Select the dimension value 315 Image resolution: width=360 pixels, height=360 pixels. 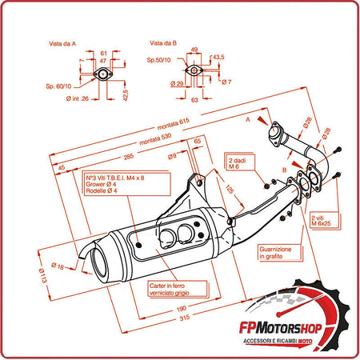click(x=185, y=318)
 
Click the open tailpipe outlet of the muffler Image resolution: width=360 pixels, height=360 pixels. click(x=100, y=264)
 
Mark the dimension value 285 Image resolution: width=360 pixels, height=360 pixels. click(x=129, y=157)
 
